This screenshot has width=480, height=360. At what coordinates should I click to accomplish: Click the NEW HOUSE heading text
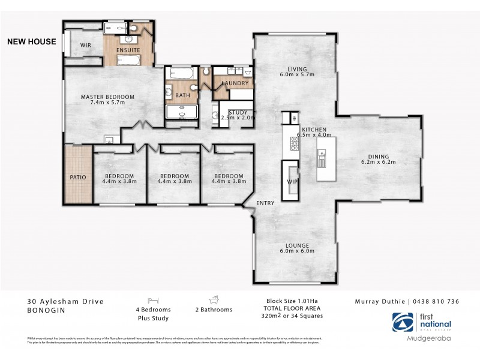[31, 42]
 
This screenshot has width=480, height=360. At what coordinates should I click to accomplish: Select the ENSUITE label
[128, 49]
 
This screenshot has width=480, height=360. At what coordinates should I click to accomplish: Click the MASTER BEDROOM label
[108, 97]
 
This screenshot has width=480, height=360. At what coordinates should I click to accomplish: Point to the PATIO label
[78, 177]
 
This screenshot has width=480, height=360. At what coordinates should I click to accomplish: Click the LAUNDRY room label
[235, 83]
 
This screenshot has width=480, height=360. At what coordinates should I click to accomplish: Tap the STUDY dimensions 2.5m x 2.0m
[238, 118]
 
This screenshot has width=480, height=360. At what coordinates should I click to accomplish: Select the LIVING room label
[296, 69]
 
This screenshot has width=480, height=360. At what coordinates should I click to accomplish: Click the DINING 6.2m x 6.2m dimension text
[378, 162]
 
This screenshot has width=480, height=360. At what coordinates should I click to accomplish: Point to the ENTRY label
[265, 203]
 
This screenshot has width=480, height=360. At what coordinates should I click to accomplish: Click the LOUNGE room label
[297, 245]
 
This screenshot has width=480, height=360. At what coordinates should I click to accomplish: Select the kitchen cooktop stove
[294, 144]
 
